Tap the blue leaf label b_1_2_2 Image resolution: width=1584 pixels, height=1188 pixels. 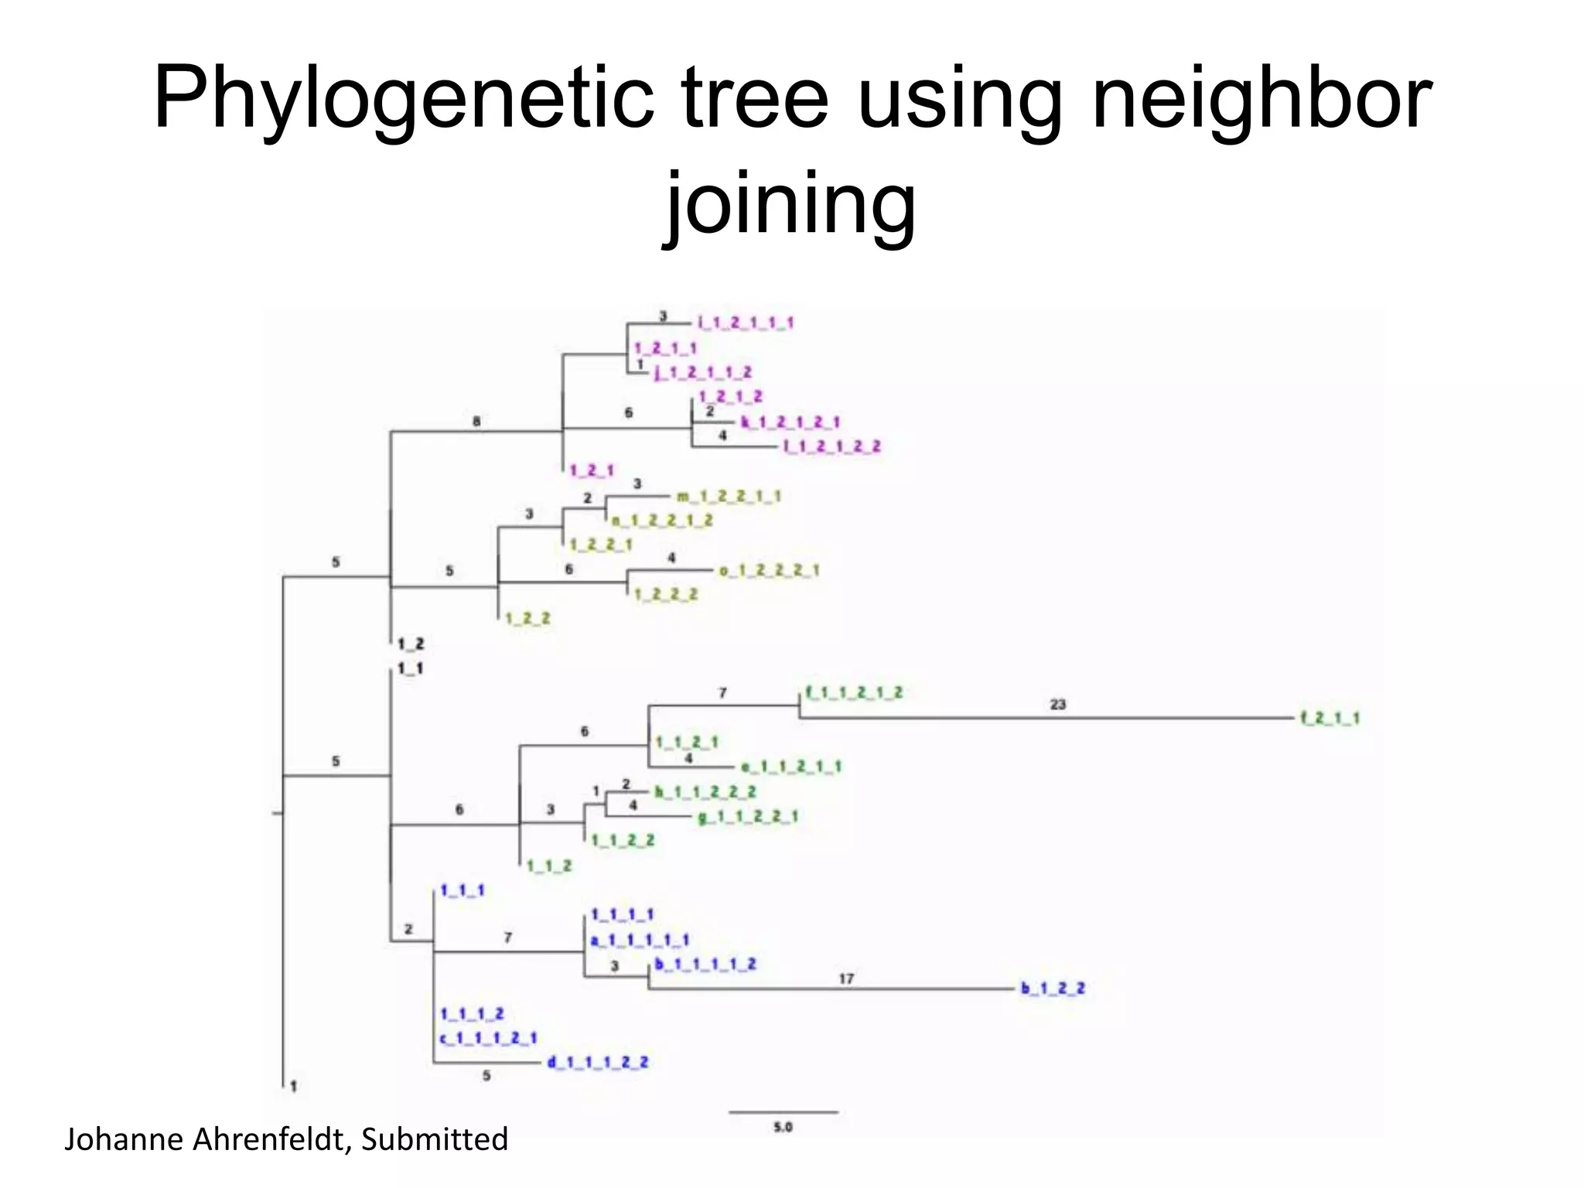pyautogui.click(x=1053, y=988)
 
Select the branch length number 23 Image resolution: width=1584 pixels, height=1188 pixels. pyautogui.click(x=1058, y=705)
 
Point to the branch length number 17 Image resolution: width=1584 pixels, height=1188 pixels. pyautogui.click(x=846, y=979)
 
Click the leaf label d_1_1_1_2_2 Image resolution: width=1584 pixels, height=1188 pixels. pyautogui.click(x=598, y=1063)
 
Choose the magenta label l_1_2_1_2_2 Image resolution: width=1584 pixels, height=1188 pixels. pyautogui.click(x=832, y=447)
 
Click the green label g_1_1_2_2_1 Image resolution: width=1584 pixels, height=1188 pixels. pyautogui.click(x=748, y=817)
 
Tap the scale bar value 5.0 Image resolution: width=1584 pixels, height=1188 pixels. pyautogui.click(x=783, y=1128)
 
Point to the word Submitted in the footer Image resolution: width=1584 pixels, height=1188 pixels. pyautogui.click(x=435, y=1140)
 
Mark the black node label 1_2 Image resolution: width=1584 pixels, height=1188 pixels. pyautogui.click(x=411, y=643)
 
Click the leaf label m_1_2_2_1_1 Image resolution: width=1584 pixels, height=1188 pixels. pyautogui.click(x=729, y=497)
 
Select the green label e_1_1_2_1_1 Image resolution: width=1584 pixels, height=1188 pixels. pyautogui.click(x=791, y=767)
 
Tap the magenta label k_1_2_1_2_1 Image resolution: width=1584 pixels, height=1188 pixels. pyautogui.click(x=790, y=422)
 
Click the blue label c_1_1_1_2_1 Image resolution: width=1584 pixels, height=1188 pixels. pyautogui.click(x=489, y=1038)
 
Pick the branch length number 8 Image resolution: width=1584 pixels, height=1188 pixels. pyautogui.click(x=476, y=422)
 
